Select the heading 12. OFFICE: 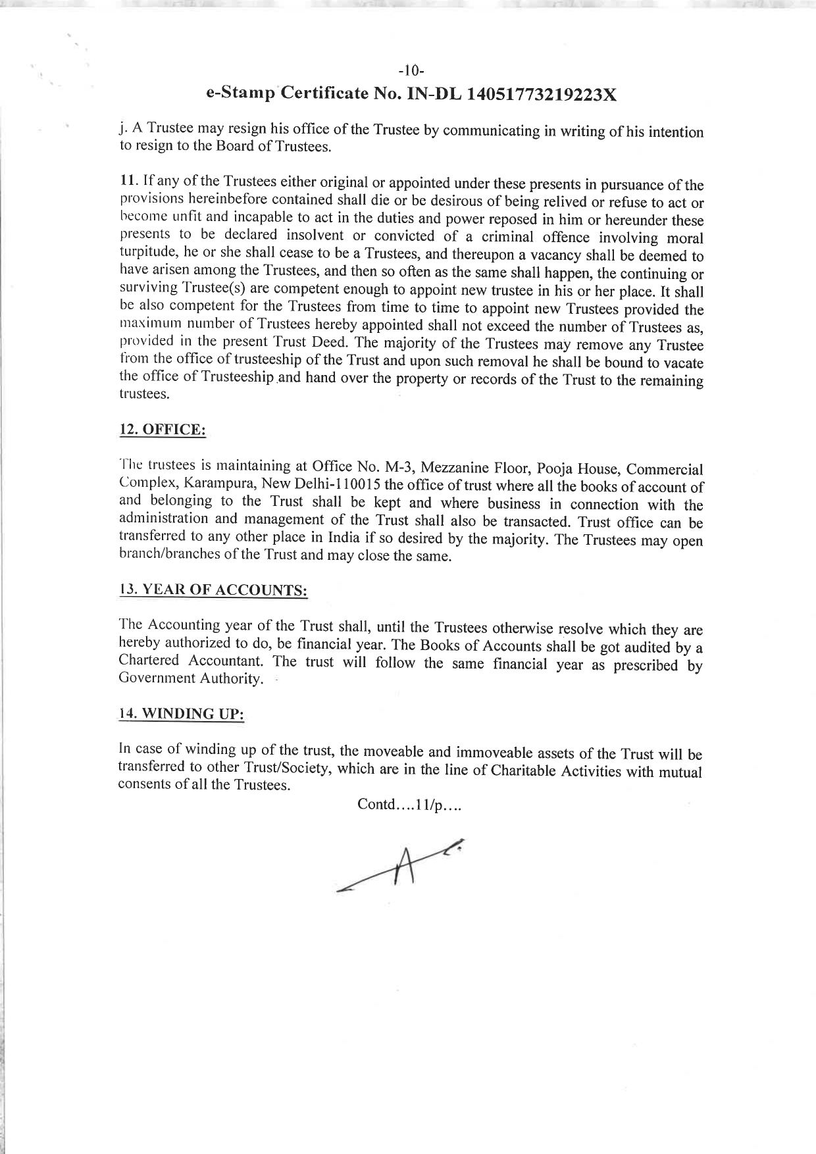tap(162, 430)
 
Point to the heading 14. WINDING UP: tap(181, 713)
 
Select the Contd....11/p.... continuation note tap(409, 805)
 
